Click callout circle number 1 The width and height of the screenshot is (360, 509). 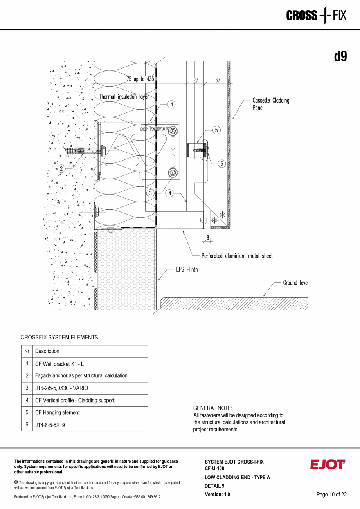click(x=171, y=104)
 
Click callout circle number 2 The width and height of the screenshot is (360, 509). click(x=61, y=169)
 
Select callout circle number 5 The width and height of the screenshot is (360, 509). click(x=217, y=130)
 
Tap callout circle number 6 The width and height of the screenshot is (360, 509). click(x=221, y=164)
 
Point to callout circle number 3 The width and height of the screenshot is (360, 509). click(x=150, y=193)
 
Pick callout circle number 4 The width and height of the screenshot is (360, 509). click(x=169, y=193)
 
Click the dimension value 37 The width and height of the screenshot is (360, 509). click(x=218, y=80)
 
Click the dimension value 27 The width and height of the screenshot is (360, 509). click(x=196, y=80)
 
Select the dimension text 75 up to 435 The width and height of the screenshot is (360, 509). click(x=140, y=79)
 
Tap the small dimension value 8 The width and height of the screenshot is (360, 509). click(x=208, y=236)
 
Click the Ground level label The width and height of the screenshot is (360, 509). click(x=295, y=283)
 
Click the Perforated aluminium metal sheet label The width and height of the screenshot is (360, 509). click(x=237, y=256)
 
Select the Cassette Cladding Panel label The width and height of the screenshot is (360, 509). click(x=271, y=104)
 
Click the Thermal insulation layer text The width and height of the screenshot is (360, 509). click(x=124, y=96)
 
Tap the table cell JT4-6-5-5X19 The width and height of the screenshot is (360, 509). click(x=50, y=425)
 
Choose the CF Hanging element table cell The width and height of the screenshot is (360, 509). click(x=57, y=413)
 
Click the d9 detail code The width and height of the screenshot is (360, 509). click(x=340, y=56)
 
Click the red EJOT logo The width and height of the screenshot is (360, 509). click(x=328, y=464)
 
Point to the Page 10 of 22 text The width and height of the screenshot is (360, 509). click(x=331, y=495)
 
